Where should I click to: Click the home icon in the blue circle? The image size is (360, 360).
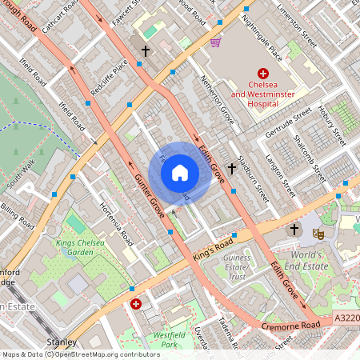point(180,172)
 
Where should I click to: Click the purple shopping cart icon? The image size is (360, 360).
point(215,42)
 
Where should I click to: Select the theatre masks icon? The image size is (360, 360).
point(318,234)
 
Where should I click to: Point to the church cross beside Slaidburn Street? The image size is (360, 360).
point(232,169)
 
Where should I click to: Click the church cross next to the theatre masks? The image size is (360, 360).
point(294,230)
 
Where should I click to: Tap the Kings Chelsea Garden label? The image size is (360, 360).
point(81,248)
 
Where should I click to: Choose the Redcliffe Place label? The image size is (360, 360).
point(109,77)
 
